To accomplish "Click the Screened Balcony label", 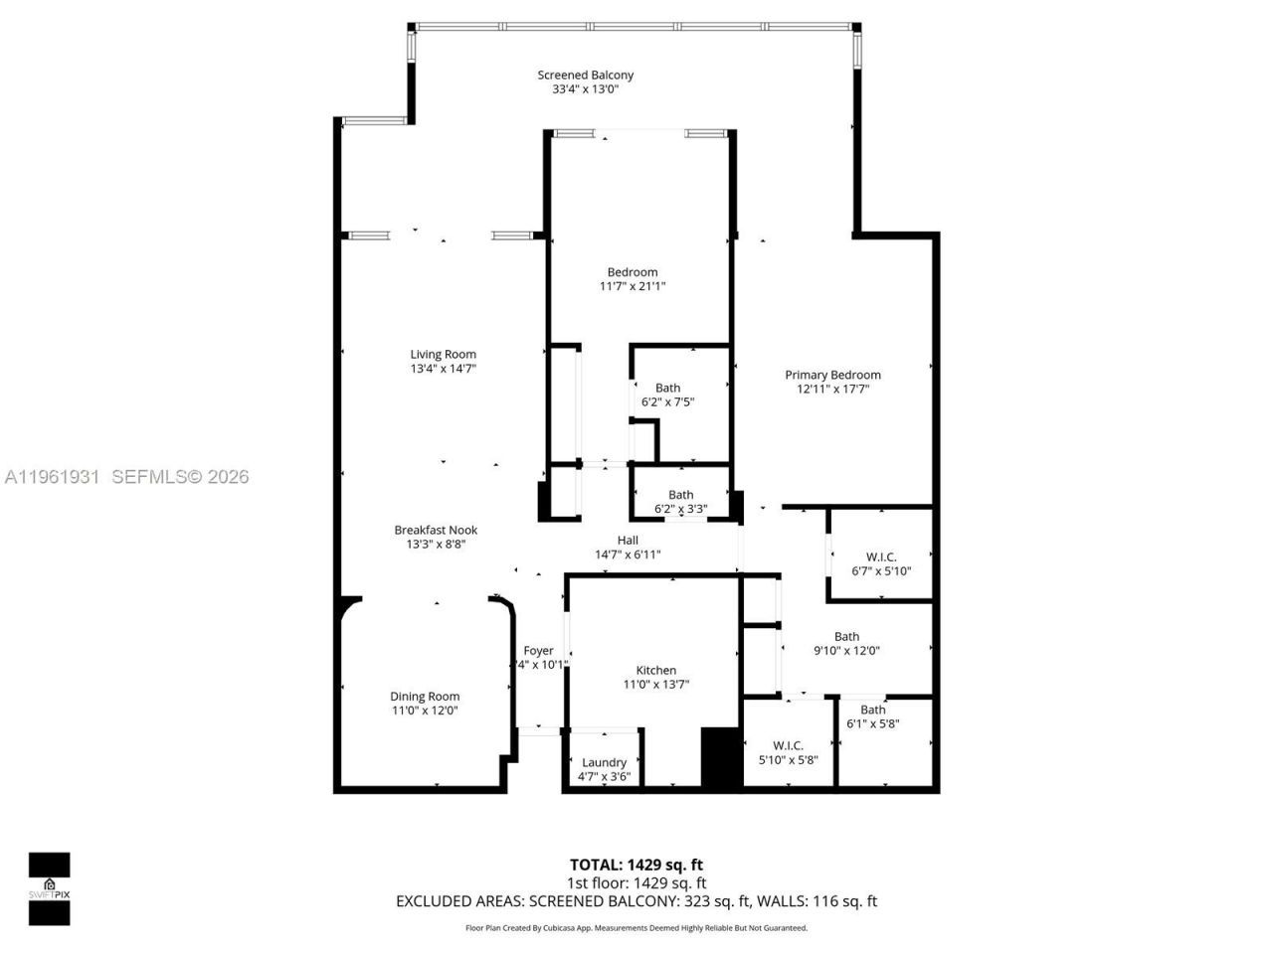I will click(x=585, y=75).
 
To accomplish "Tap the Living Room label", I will click(x=443, y=354).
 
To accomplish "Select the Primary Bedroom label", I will click(x=832, y=375).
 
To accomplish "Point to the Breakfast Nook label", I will click(x=436, y=530).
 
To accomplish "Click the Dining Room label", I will click(x=425, y=697).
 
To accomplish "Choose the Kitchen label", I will click(x=655, y=671).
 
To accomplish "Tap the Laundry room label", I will click(x=604, y=762).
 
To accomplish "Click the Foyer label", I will click(x=538, y=651).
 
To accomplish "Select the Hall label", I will click(x=628, y=540).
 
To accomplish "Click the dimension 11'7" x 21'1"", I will click(x=632, y=286).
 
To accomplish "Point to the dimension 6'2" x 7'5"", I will click(x=667, y=402).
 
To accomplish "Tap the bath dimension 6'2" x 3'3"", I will click(x=680, y=509).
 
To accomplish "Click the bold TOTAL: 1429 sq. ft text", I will click(x=636, y=865).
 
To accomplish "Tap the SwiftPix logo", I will click(x=49, y=888).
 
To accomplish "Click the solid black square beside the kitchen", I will click(x=722, y=758).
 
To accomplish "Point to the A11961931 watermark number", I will click(x=52, y=477).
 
